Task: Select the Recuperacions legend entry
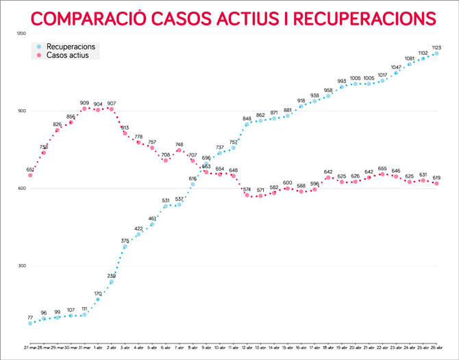tap(75, 46)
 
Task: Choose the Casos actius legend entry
tap(71, 55)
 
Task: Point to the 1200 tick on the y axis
tap(21, 34)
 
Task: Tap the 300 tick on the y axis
tap(21, 266)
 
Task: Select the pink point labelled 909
tap(84, 108)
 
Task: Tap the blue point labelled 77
tap(30, 324)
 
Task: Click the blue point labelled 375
tap(125, 246)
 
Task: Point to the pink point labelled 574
tap(247, 195)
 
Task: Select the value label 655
tap(383, 168)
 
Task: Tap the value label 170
tap(98, 293)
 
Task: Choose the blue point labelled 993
tap(342, 87)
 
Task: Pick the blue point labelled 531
tap(166, 206)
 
